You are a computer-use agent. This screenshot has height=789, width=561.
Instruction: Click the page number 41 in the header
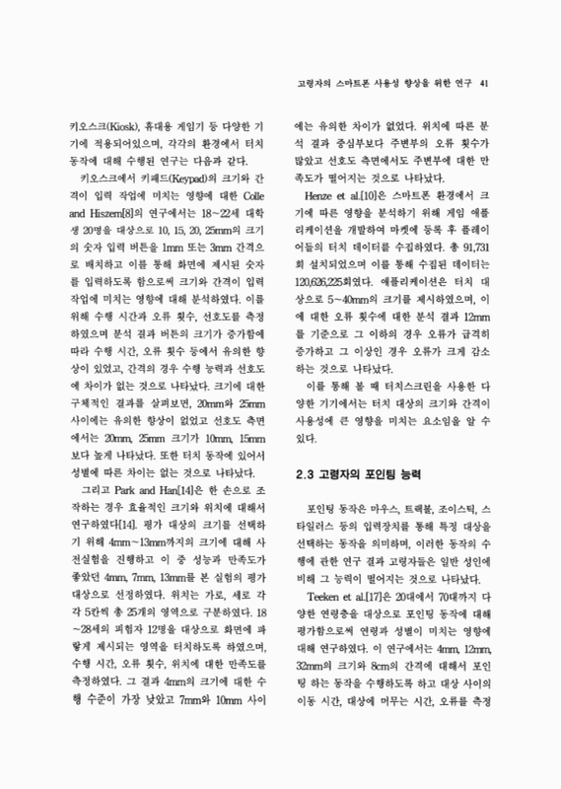click(483, 83)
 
